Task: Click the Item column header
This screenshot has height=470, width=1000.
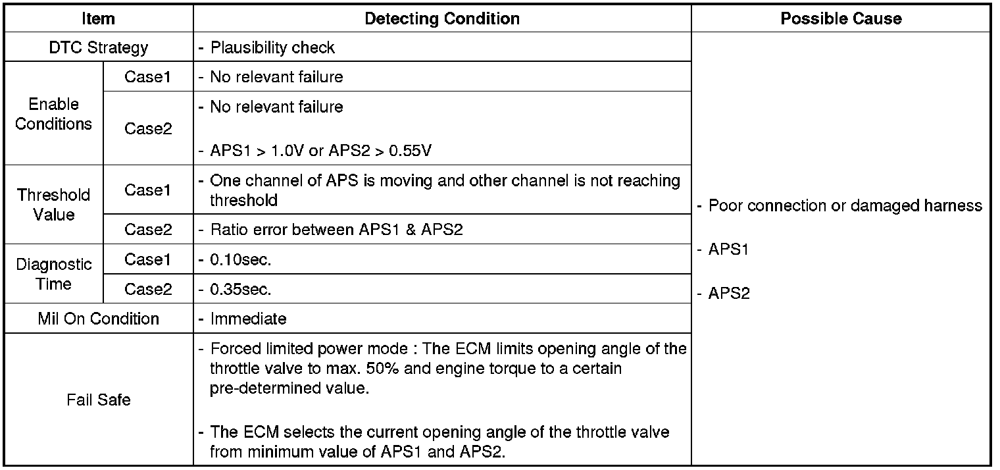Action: [x=98, y=18]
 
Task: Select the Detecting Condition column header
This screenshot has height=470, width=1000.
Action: [x=442, y=18]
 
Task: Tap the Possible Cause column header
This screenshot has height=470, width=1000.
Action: [x=841, y=18]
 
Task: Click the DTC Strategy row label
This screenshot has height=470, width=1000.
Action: [x=98, y=47]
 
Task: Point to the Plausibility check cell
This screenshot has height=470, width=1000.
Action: [x=272, y=47]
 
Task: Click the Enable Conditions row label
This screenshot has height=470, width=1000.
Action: [x=53, y=114]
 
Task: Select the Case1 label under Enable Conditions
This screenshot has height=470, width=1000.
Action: [x=148, y=77]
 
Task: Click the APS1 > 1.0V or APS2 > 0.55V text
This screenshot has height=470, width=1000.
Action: [x=320, y=151]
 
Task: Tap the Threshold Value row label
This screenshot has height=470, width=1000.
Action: [x=53, y=205]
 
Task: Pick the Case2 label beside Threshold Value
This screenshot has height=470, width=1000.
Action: [x=148, y=230]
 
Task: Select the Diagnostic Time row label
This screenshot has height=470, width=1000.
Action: [x=53, y=274]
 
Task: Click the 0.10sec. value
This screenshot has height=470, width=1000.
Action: [x=240, y=259]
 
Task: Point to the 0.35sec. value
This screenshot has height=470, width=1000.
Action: [x=240, y=289]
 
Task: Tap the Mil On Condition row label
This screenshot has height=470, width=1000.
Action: [x=98, y=319]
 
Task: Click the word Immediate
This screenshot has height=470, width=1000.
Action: [x=248, y=319]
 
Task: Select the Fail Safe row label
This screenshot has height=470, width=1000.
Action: [x=98, y=400]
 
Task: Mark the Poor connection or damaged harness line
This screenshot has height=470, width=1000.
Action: [x=845, y=205]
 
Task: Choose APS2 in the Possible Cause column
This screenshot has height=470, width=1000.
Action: [x=728, y=294]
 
